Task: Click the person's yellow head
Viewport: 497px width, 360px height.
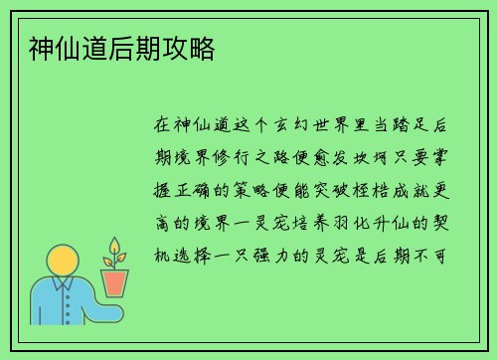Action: [x=64, y=263]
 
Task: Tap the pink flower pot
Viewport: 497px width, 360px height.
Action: [x=115, y=282]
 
